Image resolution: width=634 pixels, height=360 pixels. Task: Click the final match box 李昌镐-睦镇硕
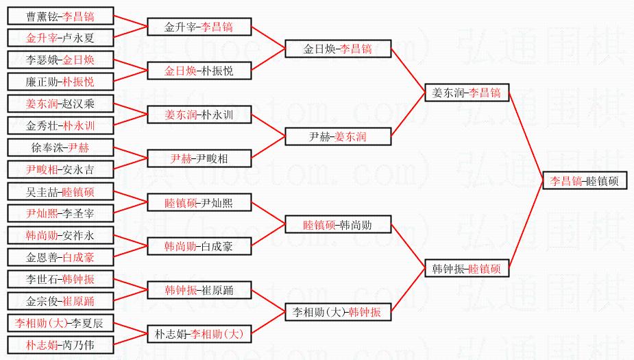pos(585,181)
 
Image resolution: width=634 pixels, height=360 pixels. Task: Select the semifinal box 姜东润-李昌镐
pos(466,93)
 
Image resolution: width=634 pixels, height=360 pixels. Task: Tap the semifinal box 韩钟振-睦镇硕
pos(466,269)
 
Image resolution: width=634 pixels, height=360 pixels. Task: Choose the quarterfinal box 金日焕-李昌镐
pos(338,49)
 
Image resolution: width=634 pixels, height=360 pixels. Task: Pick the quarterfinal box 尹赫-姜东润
pos(338,136)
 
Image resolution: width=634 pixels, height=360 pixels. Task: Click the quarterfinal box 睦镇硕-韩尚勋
pos(338,224)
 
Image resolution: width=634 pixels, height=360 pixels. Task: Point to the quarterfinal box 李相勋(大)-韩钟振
pos(338,312)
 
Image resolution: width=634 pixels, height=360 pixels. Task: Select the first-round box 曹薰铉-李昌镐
pos(60,16)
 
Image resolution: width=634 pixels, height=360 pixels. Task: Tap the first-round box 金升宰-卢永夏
pos(60,38)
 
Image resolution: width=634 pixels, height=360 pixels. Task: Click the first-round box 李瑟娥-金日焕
pos(60,60)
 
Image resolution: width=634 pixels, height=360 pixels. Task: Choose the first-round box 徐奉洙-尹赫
pos(60,147)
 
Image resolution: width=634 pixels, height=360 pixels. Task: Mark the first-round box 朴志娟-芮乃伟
pos(60,345)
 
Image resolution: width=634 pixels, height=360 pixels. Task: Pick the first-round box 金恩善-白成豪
pos(60,257)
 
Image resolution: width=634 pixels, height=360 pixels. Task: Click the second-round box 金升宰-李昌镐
pos(199,27)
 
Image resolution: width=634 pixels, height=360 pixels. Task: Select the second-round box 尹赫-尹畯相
pos(199,158)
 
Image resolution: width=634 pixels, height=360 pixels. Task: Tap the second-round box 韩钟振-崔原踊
pos(199,290)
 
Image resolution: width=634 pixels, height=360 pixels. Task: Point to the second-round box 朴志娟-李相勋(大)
pos(199,334)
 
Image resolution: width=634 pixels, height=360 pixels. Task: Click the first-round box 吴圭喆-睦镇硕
pos(60,191)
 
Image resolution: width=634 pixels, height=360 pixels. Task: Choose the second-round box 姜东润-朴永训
pos(199,115)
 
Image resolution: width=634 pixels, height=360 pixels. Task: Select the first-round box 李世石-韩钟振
pos(60,279)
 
